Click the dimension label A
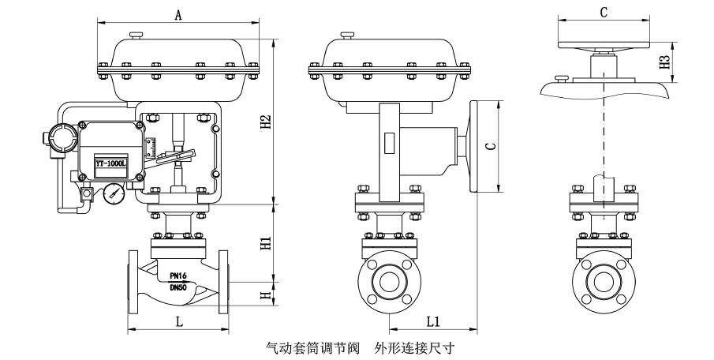[178, 15]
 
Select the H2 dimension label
[266, 122]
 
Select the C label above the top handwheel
[604, 13]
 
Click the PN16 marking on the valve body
[178, 276]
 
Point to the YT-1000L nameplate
[110, 165]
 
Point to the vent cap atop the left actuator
[135, 34]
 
